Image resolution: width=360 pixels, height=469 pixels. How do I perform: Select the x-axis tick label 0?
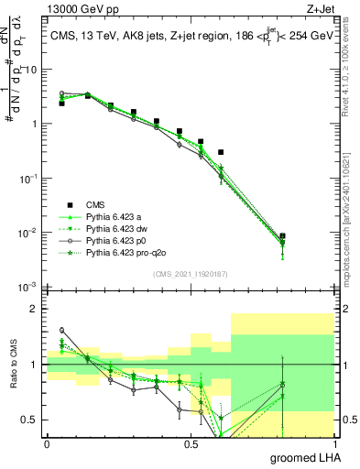[x=47, y=443]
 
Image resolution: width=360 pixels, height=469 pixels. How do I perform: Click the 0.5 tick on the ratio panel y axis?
[x=32, y=420]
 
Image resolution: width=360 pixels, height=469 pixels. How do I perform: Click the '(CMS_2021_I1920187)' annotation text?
[x=191, y=274]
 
